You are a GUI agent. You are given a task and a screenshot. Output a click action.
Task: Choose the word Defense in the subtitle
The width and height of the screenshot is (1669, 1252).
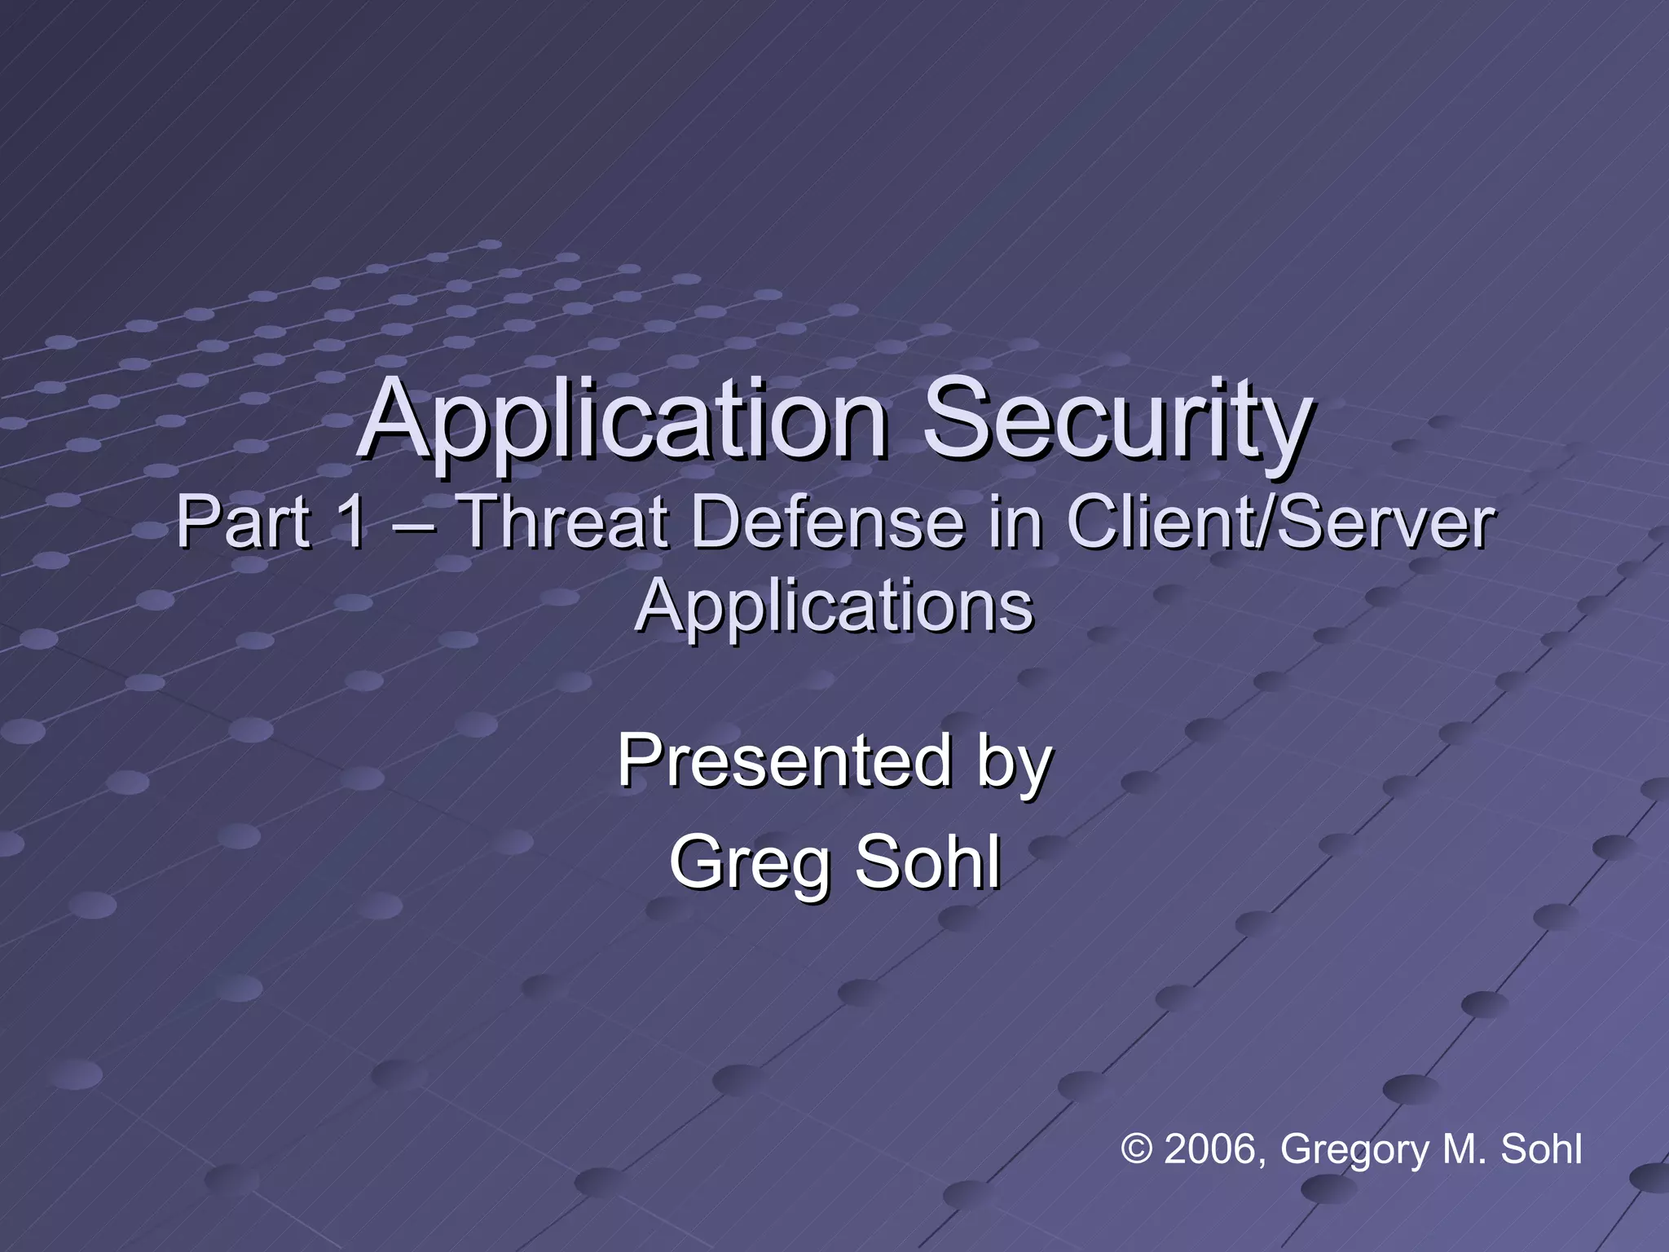[827, 522]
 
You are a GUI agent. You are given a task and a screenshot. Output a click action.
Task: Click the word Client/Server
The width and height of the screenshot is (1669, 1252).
[1280, 522]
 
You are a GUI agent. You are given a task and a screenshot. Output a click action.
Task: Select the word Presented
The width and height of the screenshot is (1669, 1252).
[783, 760]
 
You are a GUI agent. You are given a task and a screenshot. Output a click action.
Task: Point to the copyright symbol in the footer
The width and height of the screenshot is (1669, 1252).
[1138, 1149]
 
